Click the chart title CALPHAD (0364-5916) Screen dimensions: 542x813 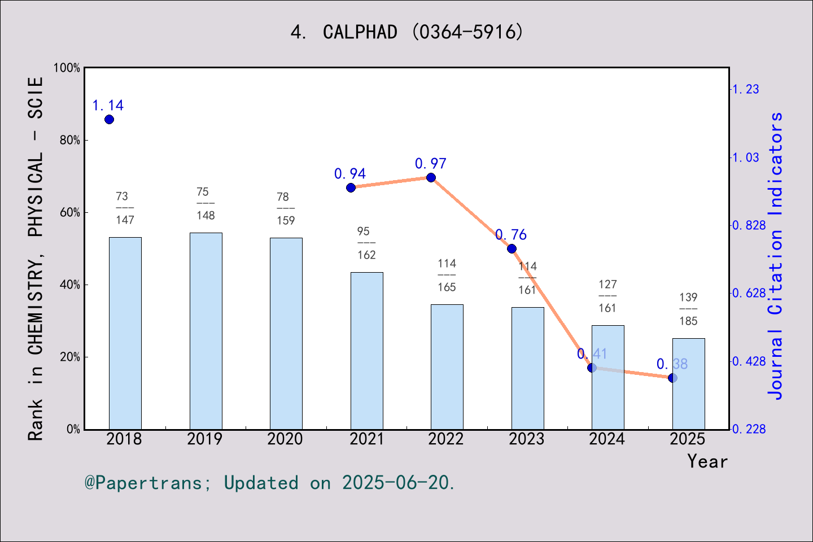click(406, 32)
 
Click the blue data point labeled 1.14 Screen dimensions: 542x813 click(109, 119)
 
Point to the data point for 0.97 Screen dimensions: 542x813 click(431, 177)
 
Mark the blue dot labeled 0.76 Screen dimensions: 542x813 click(512, 248)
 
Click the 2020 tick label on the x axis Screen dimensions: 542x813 click(285, 439)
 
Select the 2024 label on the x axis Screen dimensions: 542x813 click(607, 439)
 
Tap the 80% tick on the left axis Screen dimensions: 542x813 click(70, 140)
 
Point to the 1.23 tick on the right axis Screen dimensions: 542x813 click(746, 89)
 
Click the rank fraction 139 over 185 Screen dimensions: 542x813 click(688, 309)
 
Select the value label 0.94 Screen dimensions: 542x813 click(350, 173)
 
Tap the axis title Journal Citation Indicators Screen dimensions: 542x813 click(776, 255)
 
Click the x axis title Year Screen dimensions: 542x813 click(707, 461)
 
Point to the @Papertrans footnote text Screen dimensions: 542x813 click(270, 483)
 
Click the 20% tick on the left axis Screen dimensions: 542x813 click(70, 357)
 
